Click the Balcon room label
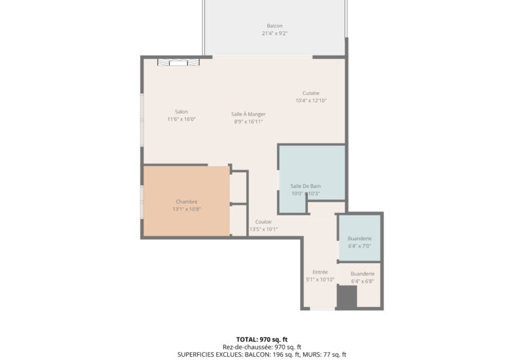coord(274,26)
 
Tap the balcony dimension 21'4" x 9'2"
coord(274,33)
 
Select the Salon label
coord(181,111)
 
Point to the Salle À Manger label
coord(248,114)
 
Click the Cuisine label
coord(310,93)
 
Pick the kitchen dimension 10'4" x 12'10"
coord(310,101)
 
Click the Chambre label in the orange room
coord(187,202)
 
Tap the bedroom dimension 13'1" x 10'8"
coord(187,209)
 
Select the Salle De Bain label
coord(305,186)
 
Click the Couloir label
coord(263,222)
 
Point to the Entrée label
coord(320,272)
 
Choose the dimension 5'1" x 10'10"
coord(320,280)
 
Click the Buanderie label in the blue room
coord(360,238)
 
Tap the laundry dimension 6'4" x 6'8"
coord(363,281)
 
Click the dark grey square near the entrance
coord(347,297)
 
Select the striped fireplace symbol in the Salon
coord(178,62)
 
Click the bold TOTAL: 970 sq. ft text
coord(262,340)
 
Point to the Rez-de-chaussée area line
coord(262,348)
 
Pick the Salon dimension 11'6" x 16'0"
coord(181,119)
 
